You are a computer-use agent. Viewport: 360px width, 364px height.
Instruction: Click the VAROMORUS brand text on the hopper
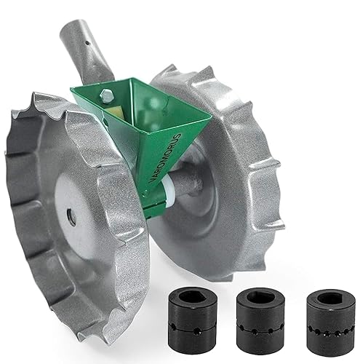tap(166, 159)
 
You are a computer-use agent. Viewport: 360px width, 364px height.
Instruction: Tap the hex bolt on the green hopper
tap(107, 95)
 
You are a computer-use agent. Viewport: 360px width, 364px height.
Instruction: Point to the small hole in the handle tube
tap(87, 43)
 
